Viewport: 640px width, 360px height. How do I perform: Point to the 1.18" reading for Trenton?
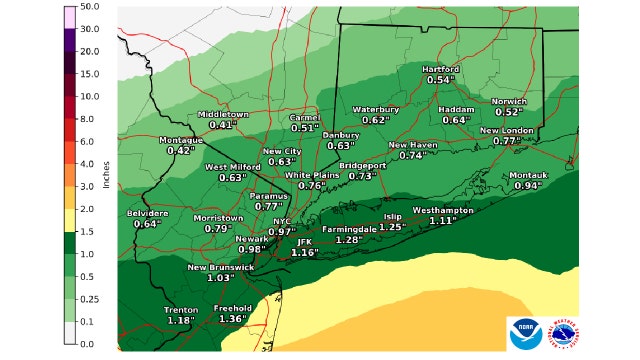tap(181, 321)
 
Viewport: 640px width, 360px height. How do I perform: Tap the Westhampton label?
tap(442, 211)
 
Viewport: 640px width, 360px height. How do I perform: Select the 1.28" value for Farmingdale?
tap(348, 240)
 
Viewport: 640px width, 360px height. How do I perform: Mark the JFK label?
tap(305, 242)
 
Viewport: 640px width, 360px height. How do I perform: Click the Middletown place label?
tap(221, 114)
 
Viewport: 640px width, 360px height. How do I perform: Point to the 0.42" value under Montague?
tap(181, 151)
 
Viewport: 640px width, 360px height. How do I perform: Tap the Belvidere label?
tap(147, 213)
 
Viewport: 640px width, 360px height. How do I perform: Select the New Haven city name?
tap(413, 145)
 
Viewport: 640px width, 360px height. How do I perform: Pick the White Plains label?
tap(311, 175)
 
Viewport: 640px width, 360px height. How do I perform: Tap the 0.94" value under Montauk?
tap(527, 186)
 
